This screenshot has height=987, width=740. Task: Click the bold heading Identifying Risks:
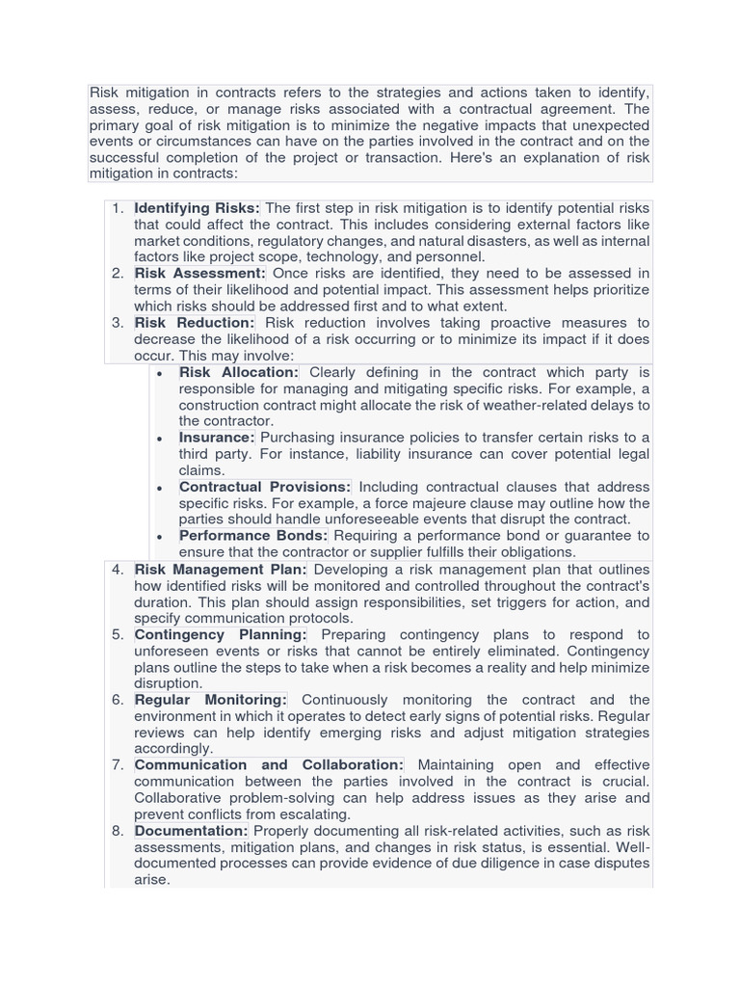197,208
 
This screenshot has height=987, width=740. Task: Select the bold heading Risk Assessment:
199,274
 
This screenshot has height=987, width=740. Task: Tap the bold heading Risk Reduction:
195,323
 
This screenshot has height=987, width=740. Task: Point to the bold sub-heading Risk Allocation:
239,372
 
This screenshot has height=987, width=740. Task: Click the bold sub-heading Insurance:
217,438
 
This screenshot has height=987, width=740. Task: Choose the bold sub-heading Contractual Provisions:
265,487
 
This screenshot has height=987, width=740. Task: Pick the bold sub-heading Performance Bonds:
253,535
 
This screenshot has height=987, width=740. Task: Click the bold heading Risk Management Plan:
221,570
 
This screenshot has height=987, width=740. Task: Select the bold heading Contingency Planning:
221,635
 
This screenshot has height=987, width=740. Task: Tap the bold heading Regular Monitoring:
211,700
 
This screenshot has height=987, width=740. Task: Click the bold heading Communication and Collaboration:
269,765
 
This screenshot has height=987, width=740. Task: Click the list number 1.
118,208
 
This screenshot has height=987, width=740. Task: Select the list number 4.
118,570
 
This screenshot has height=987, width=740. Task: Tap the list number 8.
118,831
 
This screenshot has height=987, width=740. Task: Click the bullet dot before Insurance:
159,439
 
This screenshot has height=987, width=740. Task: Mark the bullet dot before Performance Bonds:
159,536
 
